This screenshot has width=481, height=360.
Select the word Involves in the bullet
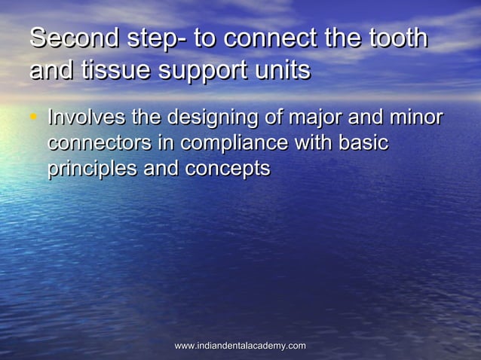pyautogui.click(x=86, y=118)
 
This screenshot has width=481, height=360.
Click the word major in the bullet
pyautogui.click(x=317, y=120)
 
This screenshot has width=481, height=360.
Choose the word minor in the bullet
pyautogui.click(x=413, y=118)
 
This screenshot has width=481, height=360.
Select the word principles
pyautogui.click(x=92, y=169)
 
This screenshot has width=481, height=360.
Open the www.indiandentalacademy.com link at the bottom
pyautogui.click(x=240, y=346)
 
